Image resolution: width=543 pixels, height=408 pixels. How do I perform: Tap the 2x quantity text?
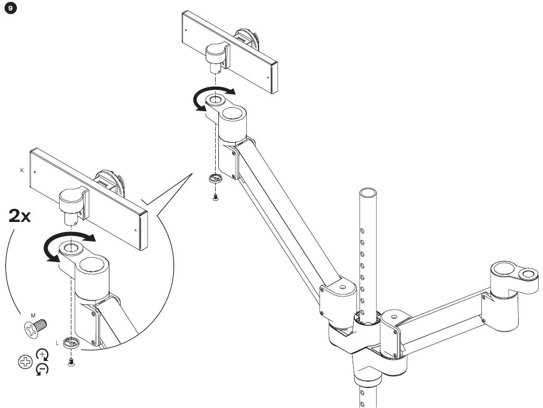coord(21,216)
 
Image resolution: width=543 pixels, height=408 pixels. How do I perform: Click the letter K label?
coord(22,171)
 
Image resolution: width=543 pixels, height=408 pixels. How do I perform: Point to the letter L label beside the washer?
coord(58,342)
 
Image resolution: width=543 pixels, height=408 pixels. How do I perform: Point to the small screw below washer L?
coord(71,362)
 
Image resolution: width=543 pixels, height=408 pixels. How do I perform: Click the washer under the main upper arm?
coord(215,179)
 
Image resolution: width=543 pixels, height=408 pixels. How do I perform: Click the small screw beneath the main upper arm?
coord(216,198)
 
